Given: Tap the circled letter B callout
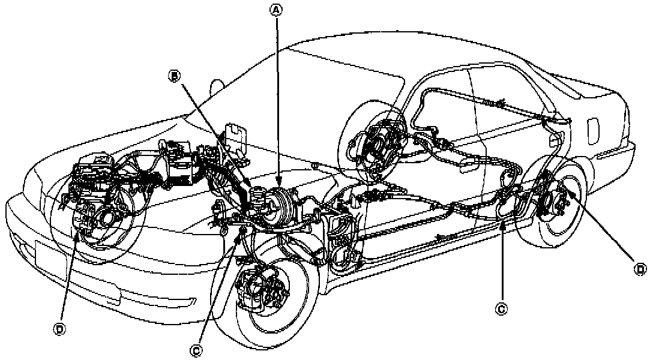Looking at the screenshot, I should [x=174, y=76].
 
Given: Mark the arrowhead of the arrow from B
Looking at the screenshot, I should [x=253, y=191].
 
